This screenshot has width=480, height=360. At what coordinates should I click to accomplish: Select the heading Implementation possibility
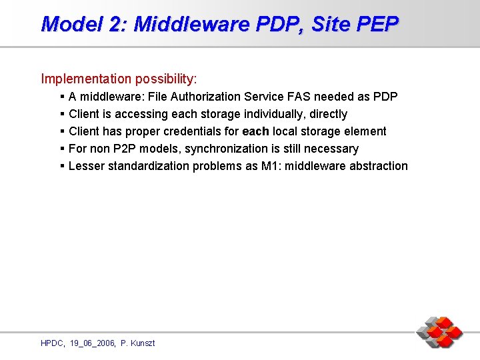click(x=119, y=79)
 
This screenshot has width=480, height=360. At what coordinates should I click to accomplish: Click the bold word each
click(x=255, y=131)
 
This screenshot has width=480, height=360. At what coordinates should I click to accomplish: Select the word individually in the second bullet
click(x=272, y=114)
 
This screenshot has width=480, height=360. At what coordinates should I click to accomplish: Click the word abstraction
click(x=379, y=166)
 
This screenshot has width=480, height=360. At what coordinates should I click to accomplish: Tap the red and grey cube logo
click(x=439, y=332)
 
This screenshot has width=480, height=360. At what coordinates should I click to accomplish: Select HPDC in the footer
click(x=52, y=343)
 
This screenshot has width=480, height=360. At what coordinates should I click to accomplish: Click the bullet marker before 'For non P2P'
click(x=61, y=149)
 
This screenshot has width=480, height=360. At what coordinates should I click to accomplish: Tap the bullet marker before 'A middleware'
click(x=61, y=97)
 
